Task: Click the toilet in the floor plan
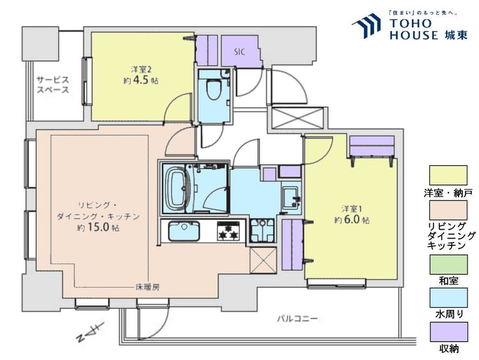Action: (215, 89)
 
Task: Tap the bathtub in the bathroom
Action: (176, 188)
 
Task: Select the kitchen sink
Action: (184, 231)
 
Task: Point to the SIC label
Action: (240, 52)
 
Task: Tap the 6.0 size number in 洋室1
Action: (352, 220)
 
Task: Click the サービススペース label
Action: (53, 85)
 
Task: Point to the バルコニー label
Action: (298, 319)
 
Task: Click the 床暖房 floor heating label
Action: (148, 287)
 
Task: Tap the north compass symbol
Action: (91, 332)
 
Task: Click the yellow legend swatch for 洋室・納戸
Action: (448, 176)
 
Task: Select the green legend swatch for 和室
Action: (448, 265)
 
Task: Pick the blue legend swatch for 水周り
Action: (448, 297)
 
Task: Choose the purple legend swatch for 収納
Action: (449, 332)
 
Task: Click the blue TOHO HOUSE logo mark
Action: (367, 26)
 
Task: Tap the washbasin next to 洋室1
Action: (290, 197)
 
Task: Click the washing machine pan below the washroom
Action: (262, 230)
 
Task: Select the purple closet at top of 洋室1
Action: (372, 146)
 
